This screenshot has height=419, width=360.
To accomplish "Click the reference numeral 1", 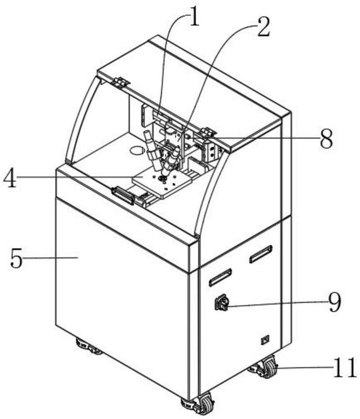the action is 194,18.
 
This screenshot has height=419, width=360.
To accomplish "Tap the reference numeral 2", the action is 263,27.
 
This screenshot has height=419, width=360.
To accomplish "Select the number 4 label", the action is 10,177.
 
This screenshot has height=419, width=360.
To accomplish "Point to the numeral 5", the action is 16,258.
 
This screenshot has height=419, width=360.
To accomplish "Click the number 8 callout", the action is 326,138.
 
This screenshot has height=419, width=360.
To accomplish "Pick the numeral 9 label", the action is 334,302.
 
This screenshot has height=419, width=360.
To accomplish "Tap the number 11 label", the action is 345,368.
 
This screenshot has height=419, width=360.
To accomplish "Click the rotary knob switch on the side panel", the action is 222,302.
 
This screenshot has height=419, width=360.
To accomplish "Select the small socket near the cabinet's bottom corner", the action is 265,339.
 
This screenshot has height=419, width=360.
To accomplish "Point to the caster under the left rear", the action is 88,347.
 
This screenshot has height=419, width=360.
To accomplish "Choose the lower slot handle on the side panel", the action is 220,278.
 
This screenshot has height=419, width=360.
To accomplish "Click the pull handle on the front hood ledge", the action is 123,195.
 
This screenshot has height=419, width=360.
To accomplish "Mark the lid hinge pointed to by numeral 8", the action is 208,132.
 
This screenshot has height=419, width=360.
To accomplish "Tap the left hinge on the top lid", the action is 121,82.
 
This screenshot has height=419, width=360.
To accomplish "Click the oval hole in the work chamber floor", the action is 138,150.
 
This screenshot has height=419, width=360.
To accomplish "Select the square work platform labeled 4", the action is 162,183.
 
